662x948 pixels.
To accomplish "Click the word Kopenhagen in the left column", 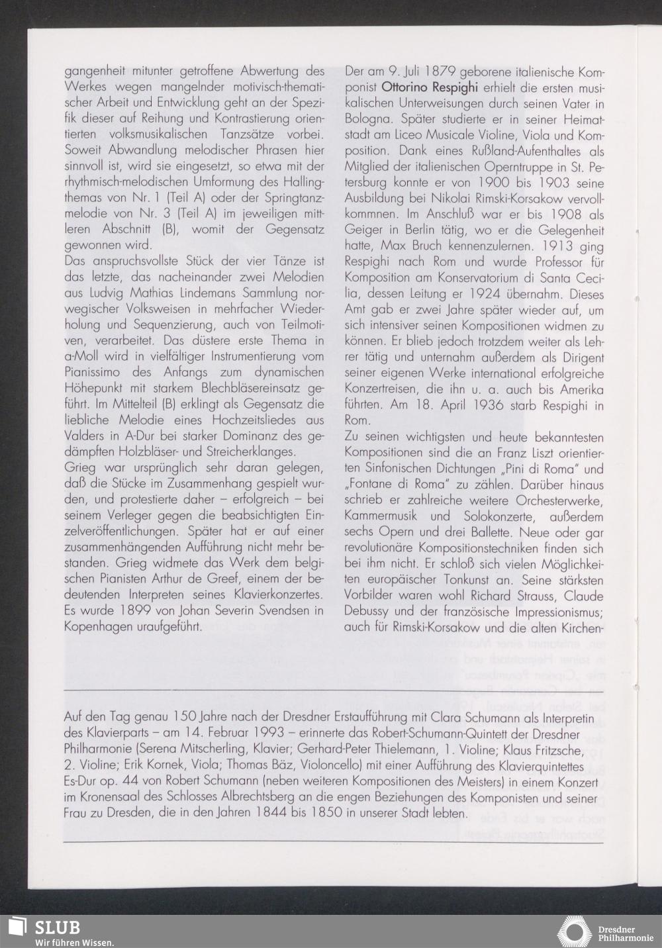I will click(97, 626).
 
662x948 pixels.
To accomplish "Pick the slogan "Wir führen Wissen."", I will click(74, 942).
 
